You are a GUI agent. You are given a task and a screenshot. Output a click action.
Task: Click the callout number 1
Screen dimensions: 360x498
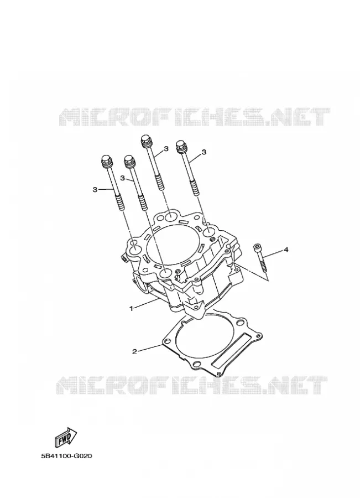131,308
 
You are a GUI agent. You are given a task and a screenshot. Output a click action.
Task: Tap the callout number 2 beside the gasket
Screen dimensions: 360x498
134,351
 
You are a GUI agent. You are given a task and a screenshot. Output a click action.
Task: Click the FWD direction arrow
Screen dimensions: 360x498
66,437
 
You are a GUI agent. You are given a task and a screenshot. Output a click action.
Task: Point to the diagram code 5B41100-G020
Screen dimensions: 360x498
66,456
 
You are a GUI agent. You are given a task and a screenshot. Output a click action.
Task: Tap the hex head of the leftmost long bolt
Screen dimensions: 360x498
106,161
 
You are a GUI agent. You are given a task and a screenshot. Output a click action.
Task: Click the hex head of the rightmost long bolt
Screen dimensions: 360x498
181,146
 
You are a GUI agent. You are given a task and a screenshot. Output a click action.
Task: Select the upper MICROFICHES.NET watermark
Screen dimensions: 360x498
194,117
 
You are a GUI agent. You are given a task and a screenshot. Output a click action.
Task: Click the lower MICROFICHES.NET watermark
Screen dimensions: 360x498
192,385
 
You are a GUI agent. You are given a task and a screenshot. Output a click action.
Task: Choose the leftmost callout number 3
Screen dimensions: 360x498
95,190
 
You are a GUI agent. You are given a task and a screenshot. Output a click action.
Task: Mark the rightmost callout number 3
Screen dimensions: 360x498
204,152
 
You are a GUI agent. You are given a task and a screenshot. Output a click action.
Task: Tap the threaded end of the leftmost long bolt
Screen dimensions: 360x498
118,203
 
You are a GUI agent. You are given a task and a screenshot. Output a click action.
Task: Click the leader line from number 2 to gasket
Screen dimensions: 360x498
150,347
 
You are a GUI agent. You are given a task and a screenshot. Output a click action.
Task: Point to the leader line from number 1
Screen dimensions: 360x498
146,303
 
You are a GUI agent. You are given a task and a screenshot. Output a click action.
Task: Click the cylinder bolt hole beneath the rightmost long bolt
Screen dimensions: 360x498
210,232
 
